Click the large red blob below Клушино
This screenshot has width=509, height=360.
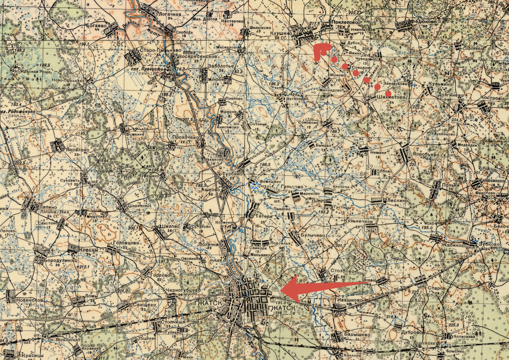point(320,50)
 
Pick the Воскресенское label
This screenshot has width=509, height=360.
point(201,57)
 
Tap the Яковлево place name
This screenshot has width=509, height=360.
point(78,149)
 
